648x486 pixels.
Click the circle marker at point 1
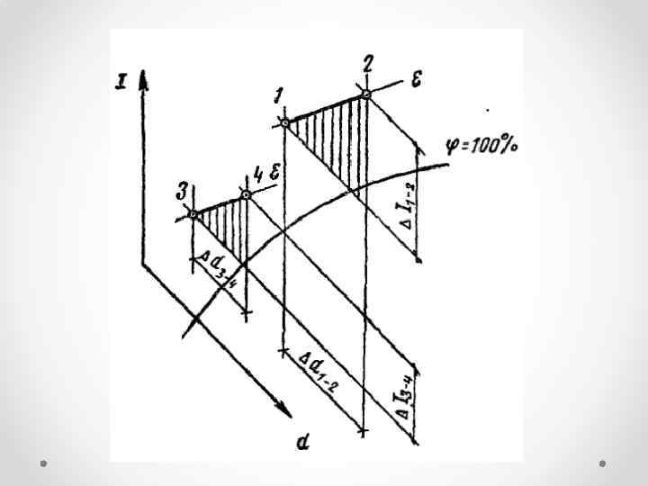(x=284, y=122)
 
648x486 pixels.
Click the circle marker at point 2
(x=365, y=93)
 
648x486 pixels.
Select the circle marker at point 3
(x=193, y=215)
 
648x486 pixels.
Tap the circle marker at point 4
(x=246, y=193)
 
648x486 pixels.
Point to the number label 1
(x=279, y=95)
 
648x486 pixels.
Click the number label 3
(x=184, y=190)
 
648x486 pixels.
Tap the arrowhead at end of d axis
(x=286, y=411)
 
